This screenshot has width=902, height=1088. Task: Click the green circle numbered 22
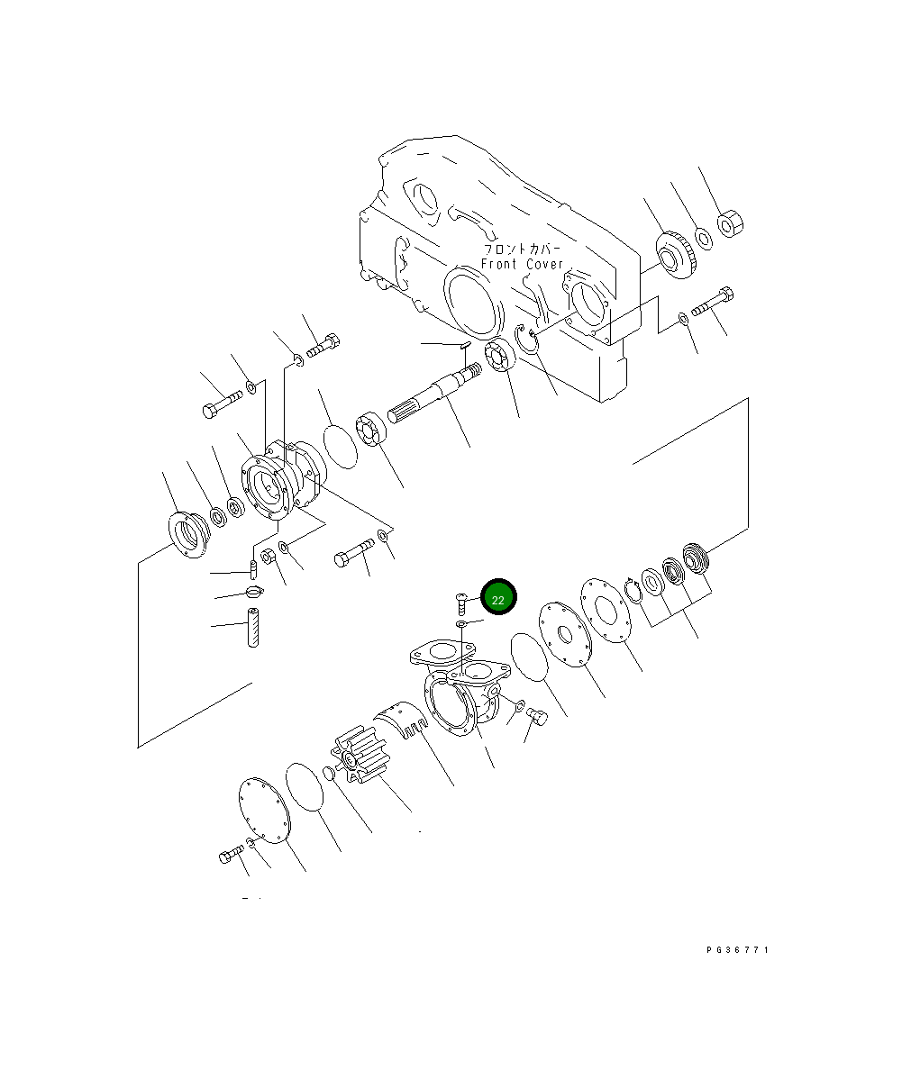(498, 596)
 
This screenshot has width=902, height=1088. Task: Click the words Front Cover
(522, 264)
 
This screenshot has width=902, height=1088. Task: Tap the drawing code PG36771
(737, 949)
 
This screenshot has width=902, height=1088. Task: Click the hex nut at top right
(730, 223)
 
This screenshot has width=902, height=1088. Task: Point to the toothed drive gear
(676, 255)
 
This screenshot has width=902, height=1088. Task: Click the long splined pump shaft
(435, 393)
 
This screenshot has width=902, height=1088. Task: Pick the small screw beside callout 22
(460, 603)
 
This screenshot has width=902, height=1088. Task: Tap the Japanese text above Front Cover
(523, 249)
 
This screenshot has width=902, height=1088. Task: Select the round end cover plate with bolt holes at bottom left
(264, 811)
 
